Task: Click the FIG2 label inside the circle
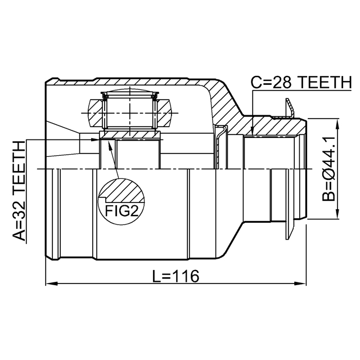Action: (121, 210)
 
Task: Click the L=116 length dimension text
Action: (176, 276)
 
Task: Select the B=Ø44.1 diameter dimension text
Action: (328, 168)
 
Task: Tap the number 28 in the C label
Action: (283, 82)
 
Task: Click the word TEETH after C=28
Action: (325, 82)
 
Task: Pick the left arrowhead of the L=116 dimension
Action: (51, 283)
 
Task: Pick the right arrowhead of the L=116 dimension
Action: (300, 283)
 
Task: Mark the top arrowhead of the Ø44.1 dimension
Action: (337, 124)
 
